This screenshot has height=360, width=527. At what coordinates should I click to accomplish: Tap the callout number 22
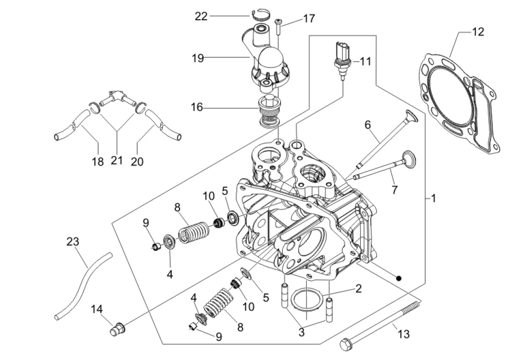pyautogui.click(x=201, y=16)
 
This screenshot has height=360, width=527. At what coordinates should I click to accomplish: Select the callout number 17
pyautogui.click(x=309, y=18)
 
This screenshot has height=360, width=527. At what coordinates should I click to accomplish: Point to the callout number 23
pyautogui.click(x=73, y=241)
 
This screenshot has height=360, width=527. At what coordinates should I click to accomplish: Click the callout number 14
pyautogui.click(x=97, y=309)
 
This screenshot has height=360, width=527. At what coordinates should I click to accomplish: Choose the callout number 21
pyautogui.click(x=117, y=160)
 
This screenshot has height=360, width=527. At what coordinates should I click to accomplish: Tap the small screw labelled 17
pyautogui.click(x=279, y=27)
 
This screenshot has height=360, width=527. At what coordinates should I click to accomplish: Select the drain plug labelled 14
pyautogui.click(x=118, y=328)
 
